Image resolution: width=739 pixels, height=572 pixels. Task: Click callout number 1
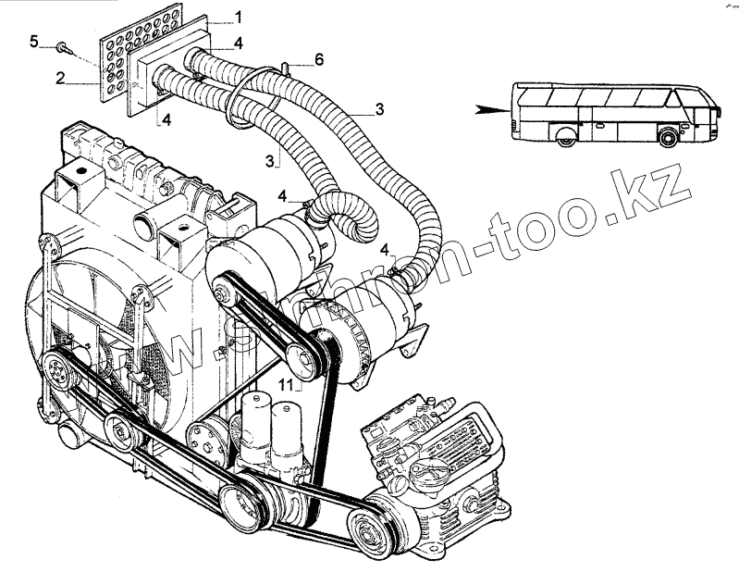[238, 17]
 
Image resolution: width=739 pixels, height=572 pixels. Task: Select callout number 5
[35, 40]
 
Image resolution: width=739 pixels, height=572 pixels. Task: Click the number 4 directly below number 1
[239, 43]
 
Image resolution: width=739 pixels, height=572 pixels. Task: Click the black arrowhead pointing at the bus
[485, 109]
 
